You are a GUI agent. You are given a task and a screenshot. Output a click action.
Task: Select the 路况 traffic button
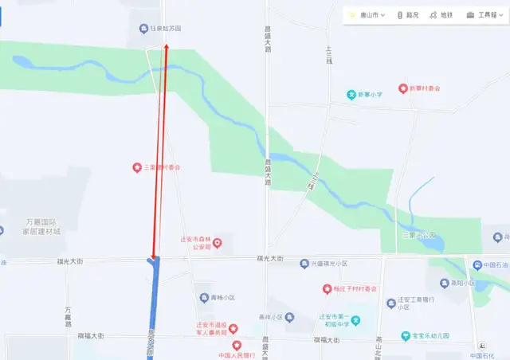[x=408, y=15]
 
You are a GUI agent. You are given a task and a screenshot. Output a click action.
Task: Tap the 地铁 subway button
[x=441, y=15]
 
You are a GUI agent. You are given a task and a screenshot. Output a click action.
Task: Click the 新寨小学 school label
[x=369, y=95]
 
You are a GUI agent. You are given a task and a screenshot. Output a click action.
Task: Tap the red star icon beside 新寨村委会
[x=403, y=88]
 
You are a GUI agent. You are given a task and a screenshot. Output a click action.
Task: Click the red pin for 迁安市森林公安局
[x=217, y=243]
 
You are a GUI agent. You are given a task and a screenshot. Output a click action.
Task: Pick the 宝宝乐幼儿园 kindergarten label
[x=434, y=336]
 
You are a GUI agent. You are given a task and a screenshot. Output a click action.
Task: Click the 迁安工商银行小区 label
[x=424, y=303]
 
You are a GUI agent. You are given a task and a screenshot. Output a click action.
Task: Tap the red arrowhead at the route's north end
[x=167, y=48]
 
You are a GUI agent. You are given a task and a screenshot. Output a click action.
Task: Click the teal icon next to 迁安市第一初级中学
[x=357, y=319]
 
